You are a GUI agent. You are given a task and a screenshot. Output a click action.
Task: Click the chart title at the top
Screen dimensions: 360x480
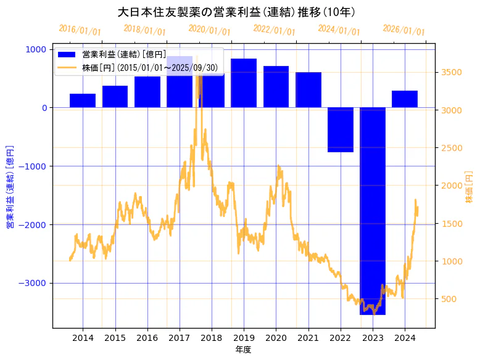click(236, 12)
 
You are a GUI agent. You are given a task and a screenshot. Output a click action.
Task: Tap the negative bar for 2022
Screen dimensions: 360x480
click(340, 129)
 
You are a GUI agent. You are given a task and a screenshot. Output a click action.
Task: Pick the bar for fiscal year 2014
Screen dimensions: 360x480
click(83, 100)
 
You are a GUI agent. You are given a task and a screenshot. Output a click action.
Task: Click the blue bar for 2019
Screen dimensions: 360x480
click(244, 83)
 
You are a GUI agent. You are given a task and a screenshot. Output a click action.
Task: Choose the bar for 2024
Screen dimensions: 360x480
click(405, 99)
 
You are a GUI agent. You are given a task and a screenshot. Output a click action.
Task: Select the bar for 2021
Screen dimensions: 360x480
click(308, 90)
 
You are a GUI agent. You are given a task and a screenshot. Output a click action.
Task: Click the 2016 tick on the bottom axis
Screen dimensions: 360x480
click(147, 338)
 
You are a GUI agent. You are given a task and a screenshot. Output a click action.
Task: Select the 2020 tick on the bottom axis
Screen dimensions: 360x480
click(276, 338)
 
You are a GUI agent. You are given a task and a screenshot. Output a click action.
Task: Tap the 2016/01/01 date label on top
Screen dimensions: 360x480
click(80, 30)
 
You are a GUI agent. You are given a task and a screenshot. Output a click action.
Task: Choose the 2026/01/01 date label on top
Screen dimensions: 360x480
click(403, 30)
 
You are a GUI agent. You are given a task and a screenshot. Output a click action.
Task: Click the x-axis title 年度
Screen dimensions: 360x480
click(243, 350)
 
